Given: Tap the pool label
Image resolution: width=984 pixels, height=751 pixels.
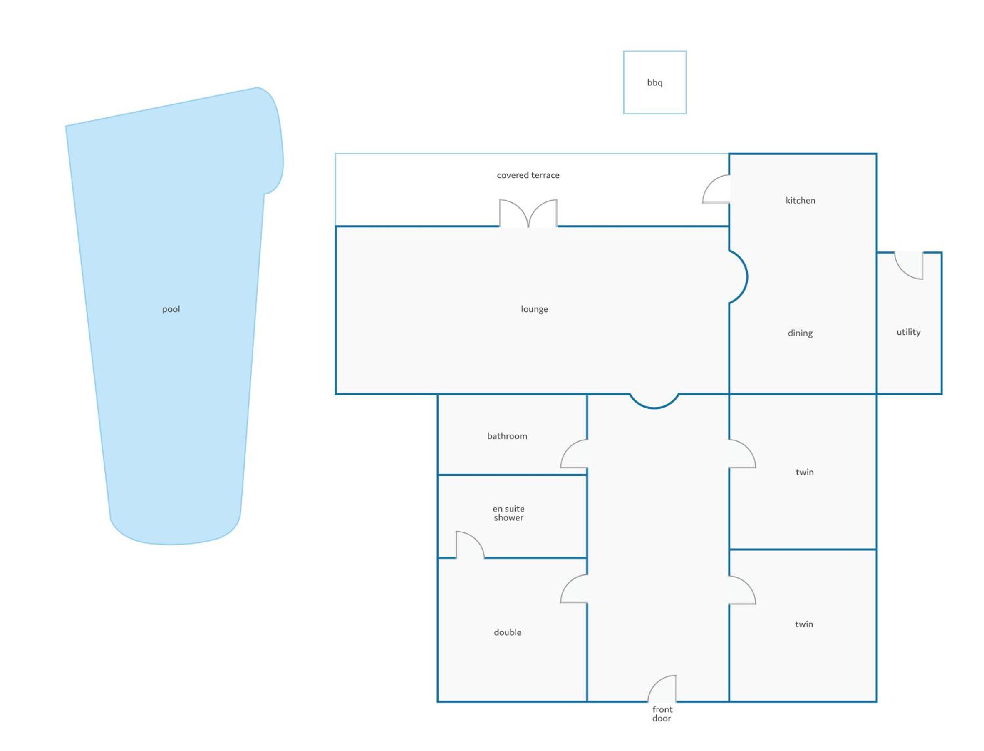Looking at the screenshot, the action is [171, 309].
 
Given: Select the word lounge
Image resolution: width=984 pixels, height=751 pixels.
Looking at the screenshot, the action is [534, 309].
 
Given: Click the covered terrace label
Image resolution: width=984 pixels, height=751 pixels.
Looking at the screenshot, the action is [528, 175].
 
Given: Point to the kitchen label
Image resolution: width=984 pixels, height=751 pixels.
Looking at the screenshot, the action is [801, 200].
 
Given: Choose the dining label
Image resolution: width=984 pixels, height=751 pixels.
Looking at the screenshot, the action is [800, 333].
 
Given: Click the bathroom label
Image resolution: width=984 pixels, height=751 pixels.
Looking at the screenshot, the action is [507, 436].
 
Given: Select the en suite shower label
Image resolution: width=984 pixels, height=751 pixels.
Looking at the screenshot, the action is [508, 513].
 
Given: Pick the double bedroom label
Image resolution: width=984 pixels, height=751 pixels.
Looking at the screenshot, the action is [508, 632].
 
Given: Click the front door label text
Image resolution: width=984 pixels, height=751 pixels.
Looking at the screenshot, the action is [662, 714].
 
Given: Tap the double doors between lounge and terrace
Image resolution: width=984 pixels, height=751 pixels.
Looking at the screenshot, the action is [528, 214].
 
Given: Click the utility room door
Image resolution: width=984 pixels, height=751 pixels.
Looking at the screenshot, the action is [902, 273].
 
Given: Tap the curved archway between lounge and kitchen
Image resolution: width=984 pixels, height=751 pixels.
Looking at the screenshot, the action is [747, 277].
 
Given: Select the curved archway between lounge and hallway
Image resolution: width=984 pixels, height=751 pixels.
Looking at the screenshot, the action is [654, 408].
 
